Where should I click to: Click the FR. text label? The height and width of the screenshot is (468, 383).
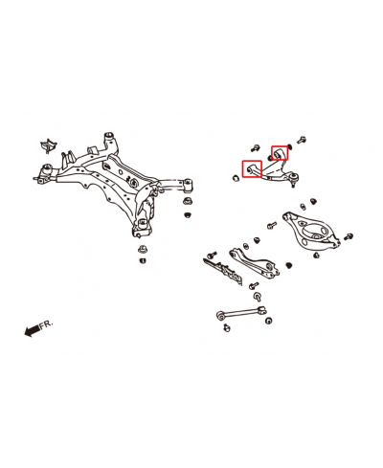pos(46,324)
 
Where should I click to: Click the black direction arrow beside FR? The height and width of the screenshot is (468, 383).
pos(32,331)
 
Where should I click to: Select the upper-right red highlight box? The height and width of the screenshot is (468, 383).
pos(280,152)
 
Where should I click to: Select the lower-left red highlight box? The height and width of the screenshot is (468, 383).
pos(252,169)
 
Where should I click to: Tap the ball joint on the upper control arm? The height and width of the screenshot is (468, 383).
pos(293,177)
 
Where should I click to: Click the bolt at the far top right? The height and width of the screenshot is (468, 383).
pos(302,140)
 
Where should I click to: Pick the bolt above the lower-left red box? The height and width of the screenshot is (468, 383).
pos(255,147)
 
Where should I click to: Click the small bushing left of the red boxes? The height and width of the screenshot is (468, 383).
pos(236,178)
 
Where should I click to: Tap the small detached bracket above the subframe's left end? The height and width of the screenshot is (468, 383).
pos(48,145)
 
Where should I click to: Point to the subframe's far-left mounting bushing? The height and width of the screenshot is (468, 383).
pos(47,169)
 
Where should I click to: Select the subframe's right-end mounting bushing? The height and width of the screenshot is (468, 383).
pos(189,185)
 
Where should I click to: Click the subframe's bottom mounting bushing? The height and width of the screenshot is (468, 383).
pos(144,225)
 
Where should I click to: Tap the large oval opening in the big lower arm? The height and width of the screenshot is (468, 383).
pos(316,232)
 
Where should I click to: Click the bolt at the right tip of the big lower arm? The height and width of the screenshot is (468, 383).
pos(349,236)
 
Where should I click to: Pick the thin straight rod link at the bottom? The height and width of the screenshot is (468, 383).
pos(241,312)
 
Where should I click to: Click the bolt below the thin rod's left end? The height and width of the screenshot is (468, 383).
pos(227,327)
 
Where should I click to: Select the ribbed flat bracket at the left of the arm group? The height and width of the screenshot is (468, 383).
pos(223,270)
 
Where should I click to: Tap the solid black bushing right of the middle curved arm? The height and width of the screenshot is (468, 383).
pos(289,265)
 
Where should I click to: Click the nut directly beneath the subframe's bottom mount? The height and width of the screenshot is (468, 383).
pos(142,249)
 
